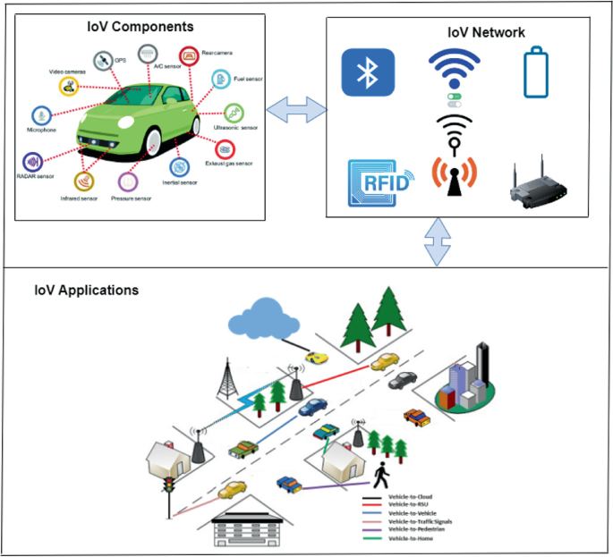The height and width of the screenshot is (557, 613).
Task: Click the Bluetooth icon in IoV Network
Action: point(368,72)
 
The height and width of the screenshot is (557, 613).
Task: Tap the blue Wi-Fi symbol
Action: point(455,70)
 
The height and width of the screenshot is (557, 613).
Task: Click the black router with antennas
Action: point(535,185)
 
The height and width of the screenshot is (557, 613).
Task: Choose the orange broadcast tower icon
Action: point(455,173)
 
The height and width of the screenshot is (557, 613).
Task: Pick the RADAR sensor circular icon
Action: point(33,163)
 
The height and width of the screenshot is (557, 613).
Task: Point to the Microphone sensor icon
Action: point(40,114)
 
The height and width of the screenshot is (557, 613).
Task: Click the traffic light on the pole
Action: point(166,489)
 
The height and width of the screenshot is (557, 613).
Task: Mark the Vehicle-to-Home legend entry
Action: point(413,538)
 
